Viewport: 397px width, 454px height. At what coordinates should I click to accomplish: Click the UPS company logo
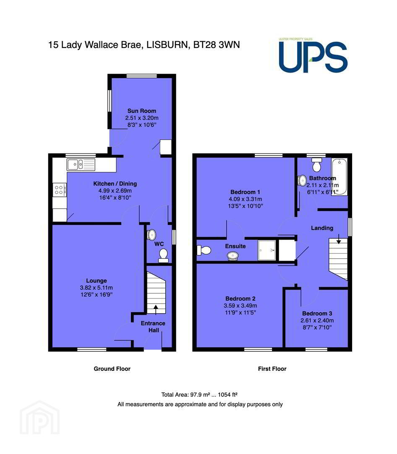tap(313, 55)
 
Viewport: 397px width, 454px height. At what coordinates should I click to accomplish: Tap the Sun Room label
tap(142, 111)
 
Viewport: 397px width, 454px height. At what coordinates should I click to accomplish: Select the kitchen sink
tap(81, 165)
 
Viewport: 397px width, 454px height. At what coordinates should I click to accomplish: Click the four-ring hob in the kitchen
tap(59, 190)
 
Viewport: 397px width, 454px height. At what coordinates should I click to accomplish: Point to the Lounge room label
tap(96, 280)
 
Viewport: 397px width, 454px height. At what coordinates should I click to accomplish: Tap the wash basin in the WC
tap(151, 235)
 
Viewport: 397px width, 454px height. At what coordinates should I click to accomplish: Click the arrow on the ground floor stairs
tap(156, 309)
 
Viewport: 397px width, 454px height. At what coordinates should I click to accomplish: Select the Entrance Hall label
tap(153, 327)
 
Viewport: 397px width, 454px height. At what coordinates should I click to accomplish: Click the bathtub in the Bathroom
tap(339, 177)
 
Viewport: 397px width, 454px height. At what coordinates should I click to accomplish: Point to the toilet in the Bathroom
tap(317, 165)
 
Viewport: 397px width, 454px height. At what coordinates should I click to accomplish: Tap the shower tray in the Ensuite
tap(266, 250)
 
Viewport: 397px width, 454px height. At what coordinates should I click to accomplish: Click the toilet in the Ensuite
tap(204, 250)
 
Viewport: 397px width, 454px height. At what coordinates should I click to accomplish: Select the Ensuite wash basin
tap(233, 256)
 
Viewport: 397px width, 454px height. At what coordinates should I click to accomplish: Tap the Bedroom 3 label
tap(317, 313)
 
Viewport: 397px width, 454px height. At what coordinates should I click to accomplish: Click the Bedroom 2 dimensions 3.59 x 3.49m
tap(240, 306)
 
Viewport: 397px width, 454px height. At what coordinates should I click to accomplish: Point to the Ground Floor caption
tap(112, 369)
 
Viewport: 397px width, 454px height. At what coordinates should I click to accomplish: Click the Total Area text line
tap(199, 394)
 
